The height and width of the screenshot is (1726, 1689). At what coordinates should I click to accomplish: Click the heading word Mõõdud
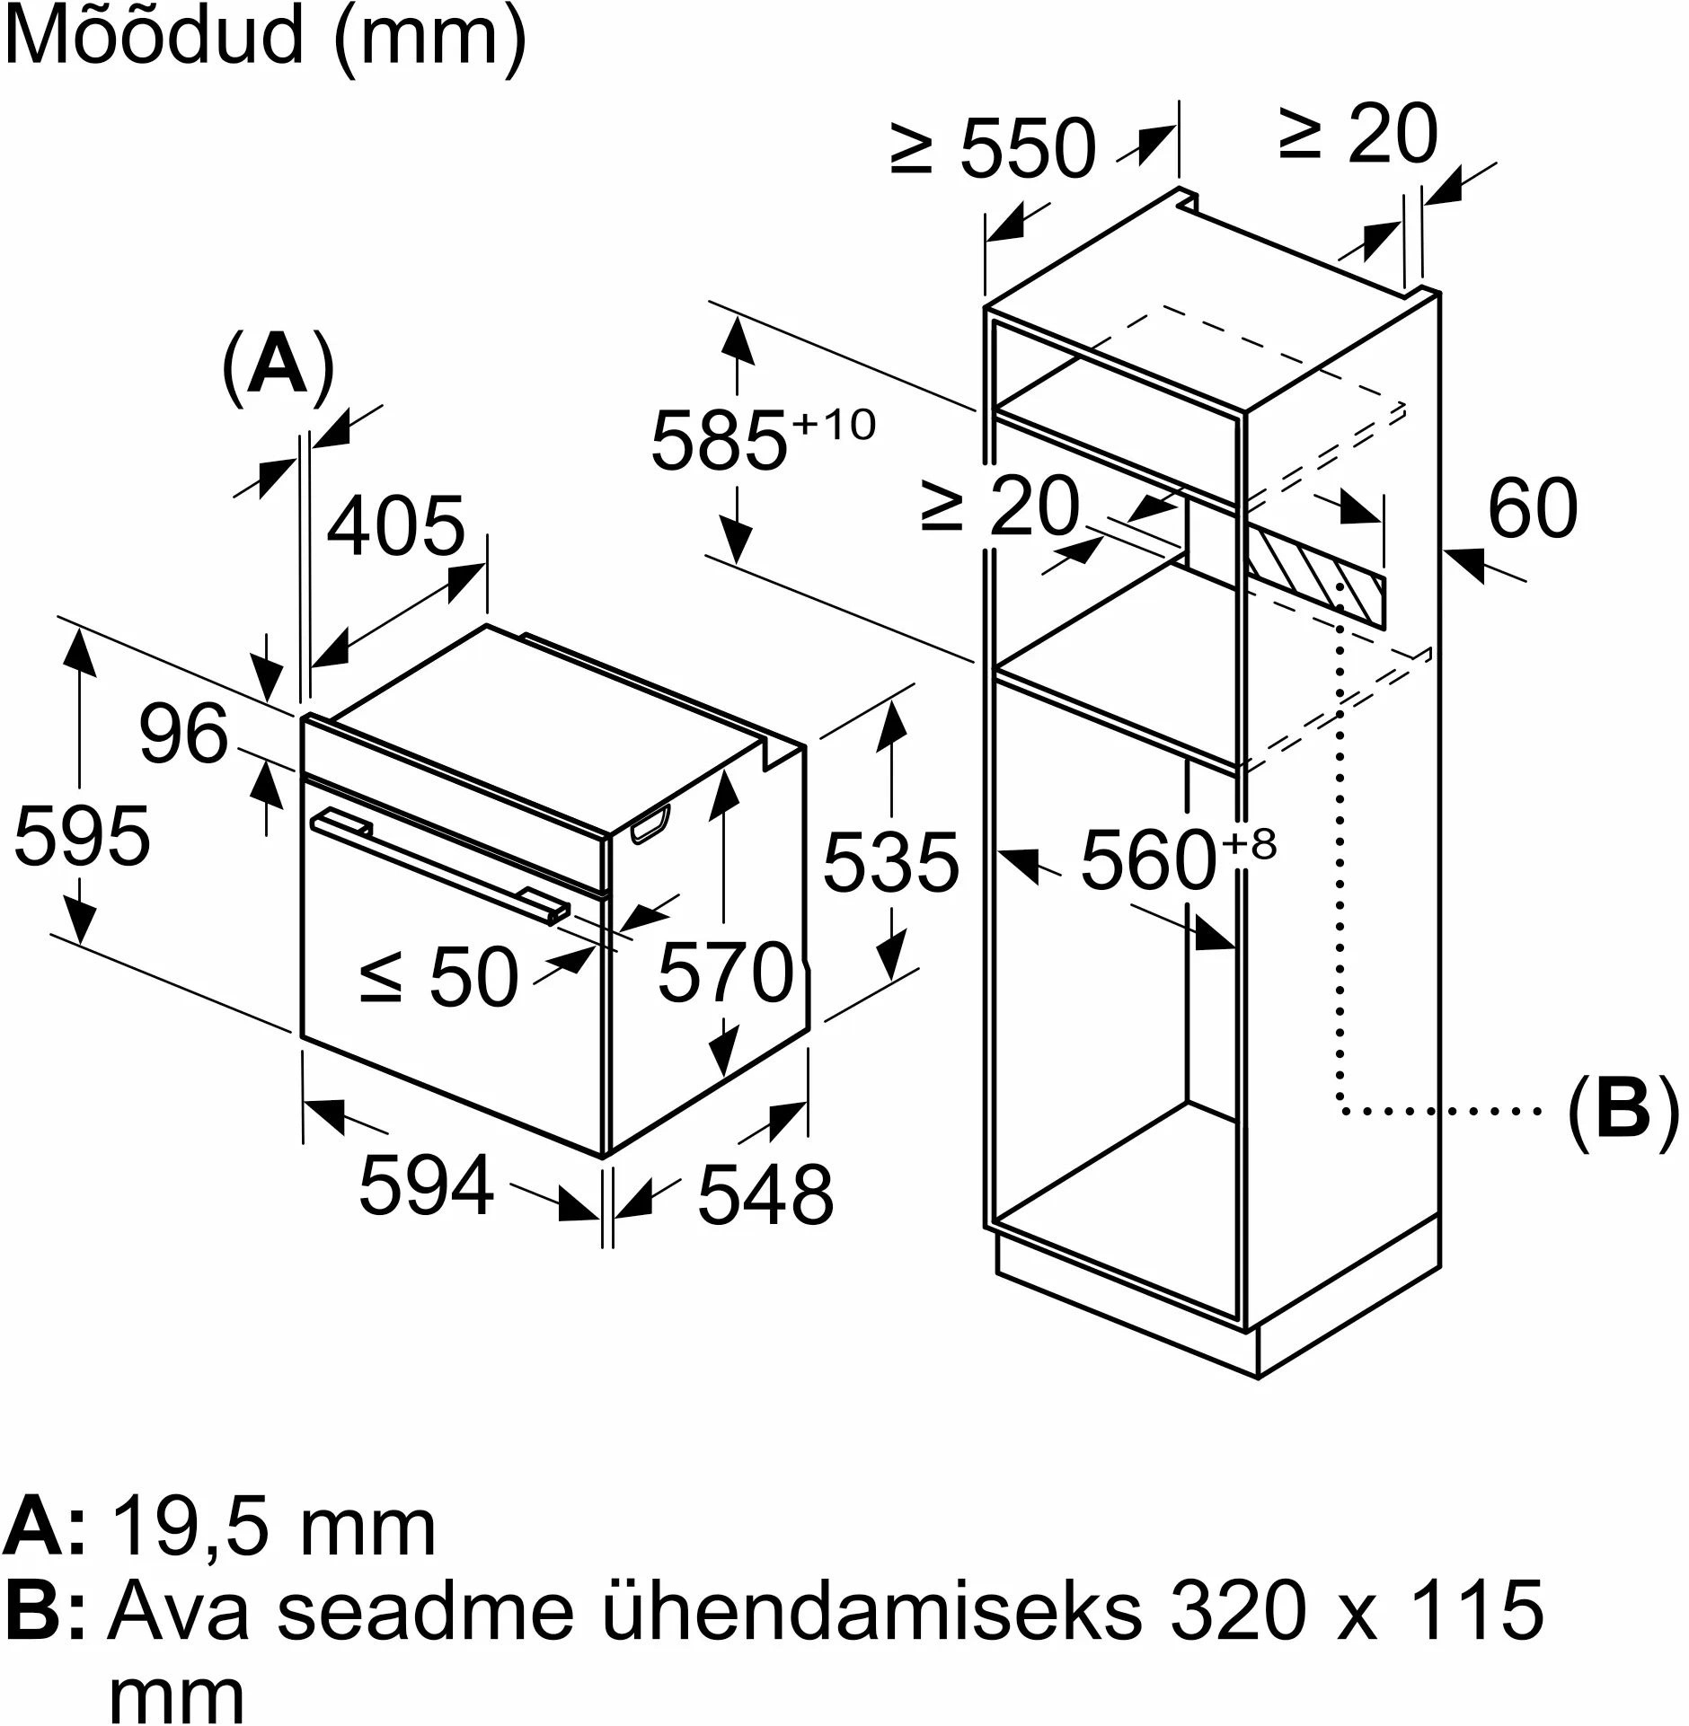[x=155, y=38]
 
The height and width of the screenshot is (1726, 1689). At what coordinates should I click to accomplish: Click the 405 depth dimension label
[x=396, y=525]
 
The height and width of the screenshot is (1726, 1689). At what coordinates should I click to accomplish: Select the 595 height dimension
[x=83, y=834]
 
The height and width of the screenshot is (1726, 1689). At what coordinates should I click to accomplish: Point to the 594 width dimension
[x=427, y=1184]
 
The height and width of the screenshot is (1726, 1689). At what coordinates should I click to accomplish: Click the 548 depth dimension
[x=765, y=1193]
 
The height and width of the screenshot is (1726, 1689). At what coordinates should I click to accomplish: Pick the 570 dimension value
[x=728, y=972]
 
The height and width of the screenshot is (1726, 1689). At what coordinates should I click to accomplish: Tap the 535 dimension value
[x=891, y=862]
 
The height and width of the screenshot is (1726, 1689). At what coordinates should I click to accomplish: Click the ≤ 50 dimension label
[x=439, y=977]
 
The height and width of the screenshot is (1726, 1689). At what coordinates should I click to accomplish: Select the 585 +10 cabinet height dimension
[x=762, y=438]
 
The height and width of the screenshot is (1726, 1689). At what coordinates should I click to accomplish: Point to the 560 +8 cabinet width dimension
[x=1178, y=859]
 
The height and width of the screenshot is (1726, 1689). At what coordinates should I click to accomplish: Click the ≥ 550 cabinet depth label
[x=994, y=147]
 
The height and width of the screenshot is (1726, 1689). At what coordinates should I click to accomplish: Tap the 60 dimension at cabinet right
[x=1533, y=507]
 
